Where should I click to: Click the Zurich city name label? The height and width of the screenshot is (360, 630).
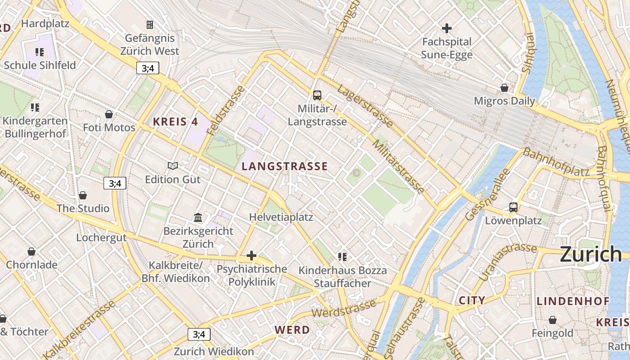pyautogui.click(x=591, y=255)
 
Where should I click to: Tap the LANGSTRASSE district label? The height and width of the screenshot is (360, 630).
pyautogui.click(x=284, y=166)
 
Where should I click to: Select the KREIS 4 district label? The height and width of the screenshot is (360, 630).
pyautogui.click(x=175, y=121)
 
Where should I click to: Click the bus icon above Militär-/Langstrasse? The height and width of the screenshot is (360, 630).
pyautogui.click(x=317, y=95)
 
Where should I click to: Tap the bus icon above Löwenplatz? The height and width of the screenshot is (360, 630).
pyautogui.click(x=513, y=207)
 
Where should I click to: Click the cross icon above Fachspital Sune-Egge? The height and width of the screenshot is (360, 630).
pyautogui.click(x=446, y=28)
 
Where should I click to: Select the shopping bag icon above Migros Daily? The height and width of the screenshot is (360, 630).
pyautogui.click(x=504, y=87)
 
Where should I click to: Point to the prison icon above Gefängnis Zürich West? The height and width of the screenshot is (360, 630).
pyautogui.click(x=150, y=24)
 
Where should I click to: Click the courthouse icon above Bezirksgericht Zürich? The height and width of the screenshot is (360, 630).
pyautogui.click(x=198, y=218)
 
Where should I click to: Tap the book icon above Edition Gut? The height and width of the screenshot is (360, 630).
pyautogui.click(x=173, y=166)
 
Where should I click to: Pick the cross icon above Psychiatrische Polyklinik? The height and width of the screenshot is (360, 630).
pyautogui.click(x=251, y=256)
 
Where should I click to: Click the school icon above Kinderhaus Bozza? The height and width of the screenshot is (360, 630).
pyautogui.click(x=342, y=257)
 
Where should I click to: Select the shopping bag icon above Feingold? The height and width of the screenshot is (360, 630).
pyautogui.click(x=552, y=320)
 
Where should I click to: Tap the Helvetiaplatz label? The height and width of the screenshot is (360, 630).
pyautogui.click(x=281, y=217)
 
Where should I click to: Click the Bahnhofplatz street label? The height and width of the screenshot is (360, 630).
pyautogui.click(x=556, y=163)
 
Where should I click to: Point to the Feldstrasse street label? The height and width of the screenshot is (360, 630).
pyautogui.click(x=226, y=110)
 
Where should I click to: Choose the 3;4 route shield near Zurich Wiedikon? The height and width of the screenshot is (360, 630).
pyautogui.click(x=199, y=334)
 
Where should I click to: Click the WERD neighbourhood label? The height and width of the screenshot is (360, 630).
pyautogui.click(x=292, y=329)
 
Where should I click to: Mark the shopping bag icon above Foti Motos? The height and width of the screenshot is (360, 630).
pyautogui.click(x=108, y=114)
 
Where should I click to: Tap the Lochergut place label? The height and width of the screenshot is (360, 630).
pyautogui.click(x=101, y=238)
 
